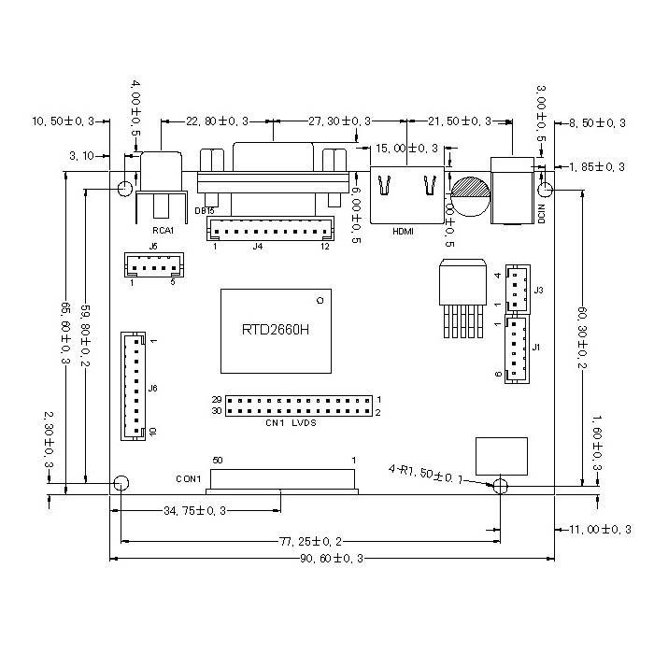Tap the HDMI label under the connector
pos(403,231)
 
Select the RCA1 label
pos(163,230)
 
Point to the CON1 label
pos(189,479)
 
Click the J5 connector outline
pos(153,266)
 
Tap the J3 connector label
pos(539,291)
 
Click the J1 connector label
pos(536,348)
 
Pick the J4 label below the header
pos(258,247)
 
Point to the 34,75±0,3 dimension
pos(195,510)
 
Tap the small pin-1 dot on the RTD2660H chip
pos(320,300)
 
